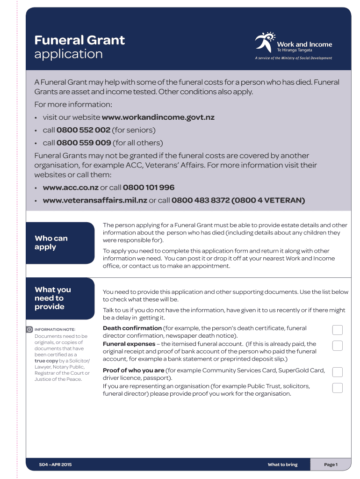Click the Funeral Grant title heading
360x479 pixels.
pos(79,40)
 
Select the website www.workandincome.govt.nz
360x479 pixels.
pos(158,117)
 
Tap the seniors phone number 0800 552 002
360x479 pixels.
pos(83,130)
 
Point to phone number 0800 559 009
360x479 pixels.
pos(83,143)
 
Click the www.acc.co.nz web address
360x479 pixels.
pos(71,188)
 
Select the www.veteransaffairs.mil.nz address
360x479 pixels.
pos(95,200)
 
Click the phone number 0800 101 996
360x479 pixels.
pos(149,188)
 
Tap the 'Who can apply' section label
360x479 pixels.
pos(51,242)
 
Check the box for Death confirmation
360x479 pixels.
pos(337,330)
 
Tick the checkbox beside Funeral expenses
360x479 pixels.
pos(337,346)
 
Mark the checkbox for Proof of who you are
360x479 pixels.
pos(337,372)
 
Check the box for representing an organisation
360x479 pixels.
pos(337,388)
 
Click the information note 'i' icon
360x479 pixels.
pos(29,329)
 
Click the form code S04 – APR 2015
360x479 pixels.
pos(55,464)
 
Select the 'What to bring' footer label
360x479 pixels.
pos(282,464)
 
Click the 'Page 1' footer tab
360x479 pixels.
pos(331,464)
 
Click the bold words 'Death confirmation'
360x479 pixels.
pos(131,328)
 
